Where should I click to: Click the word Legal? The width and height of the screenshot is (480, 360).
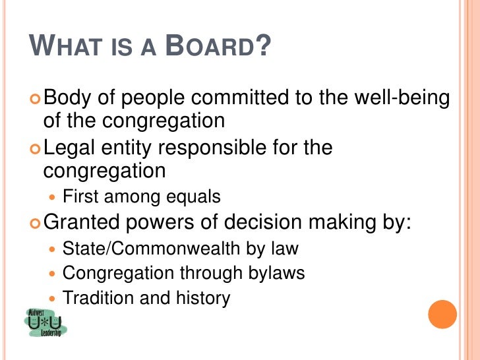coord(71,149)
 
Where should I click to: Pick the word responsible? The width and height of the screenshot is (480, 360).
coord(226,149)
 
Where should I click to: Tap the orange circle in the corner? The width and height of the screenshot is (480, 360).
coord(442,315)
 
